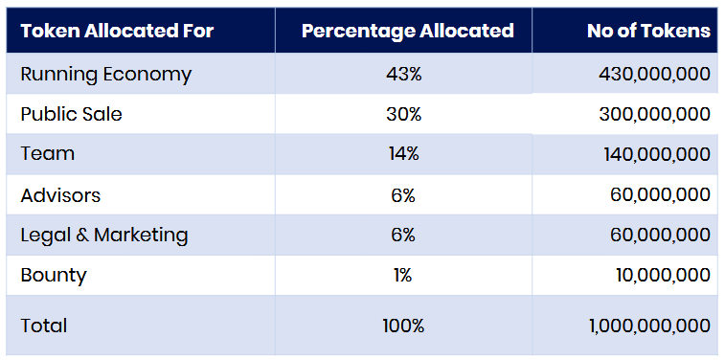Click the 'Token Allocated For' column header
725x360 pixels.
(117, 31)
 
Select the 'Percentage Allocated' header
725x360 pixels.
(407, 31)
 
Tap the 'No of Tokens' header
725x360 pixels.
(648, 31)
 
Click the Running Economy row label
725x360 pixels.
(106, 75)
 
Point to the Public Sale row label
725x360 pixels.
(71, 114)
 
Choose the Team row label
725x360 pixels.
(47, 154)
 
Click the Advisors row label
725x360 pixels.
(60, 195)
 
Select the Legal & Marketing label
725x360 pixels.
(104, 236)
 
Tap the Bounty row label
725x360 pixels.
(54, 277)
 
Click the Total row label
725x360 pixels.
(44, 326)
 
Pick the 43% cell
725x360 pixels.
(403, 74)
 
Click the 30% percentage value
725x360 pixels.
(403, 114)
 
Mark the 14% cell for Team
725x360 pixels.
(403, 154)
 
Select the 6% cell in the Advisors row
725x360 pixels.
(403, 195)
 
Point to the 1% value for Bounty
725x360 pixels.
(403, 276)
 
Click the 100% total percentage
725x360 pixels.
(403, 326)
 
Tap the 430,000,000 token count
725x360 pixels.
(654, 75)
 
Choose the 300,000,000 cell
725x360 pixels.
(655, 115)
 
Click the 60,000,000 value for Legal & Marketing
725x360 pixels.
(660, 236)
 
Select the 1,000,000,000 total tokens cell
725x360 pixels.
(649, 326)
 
